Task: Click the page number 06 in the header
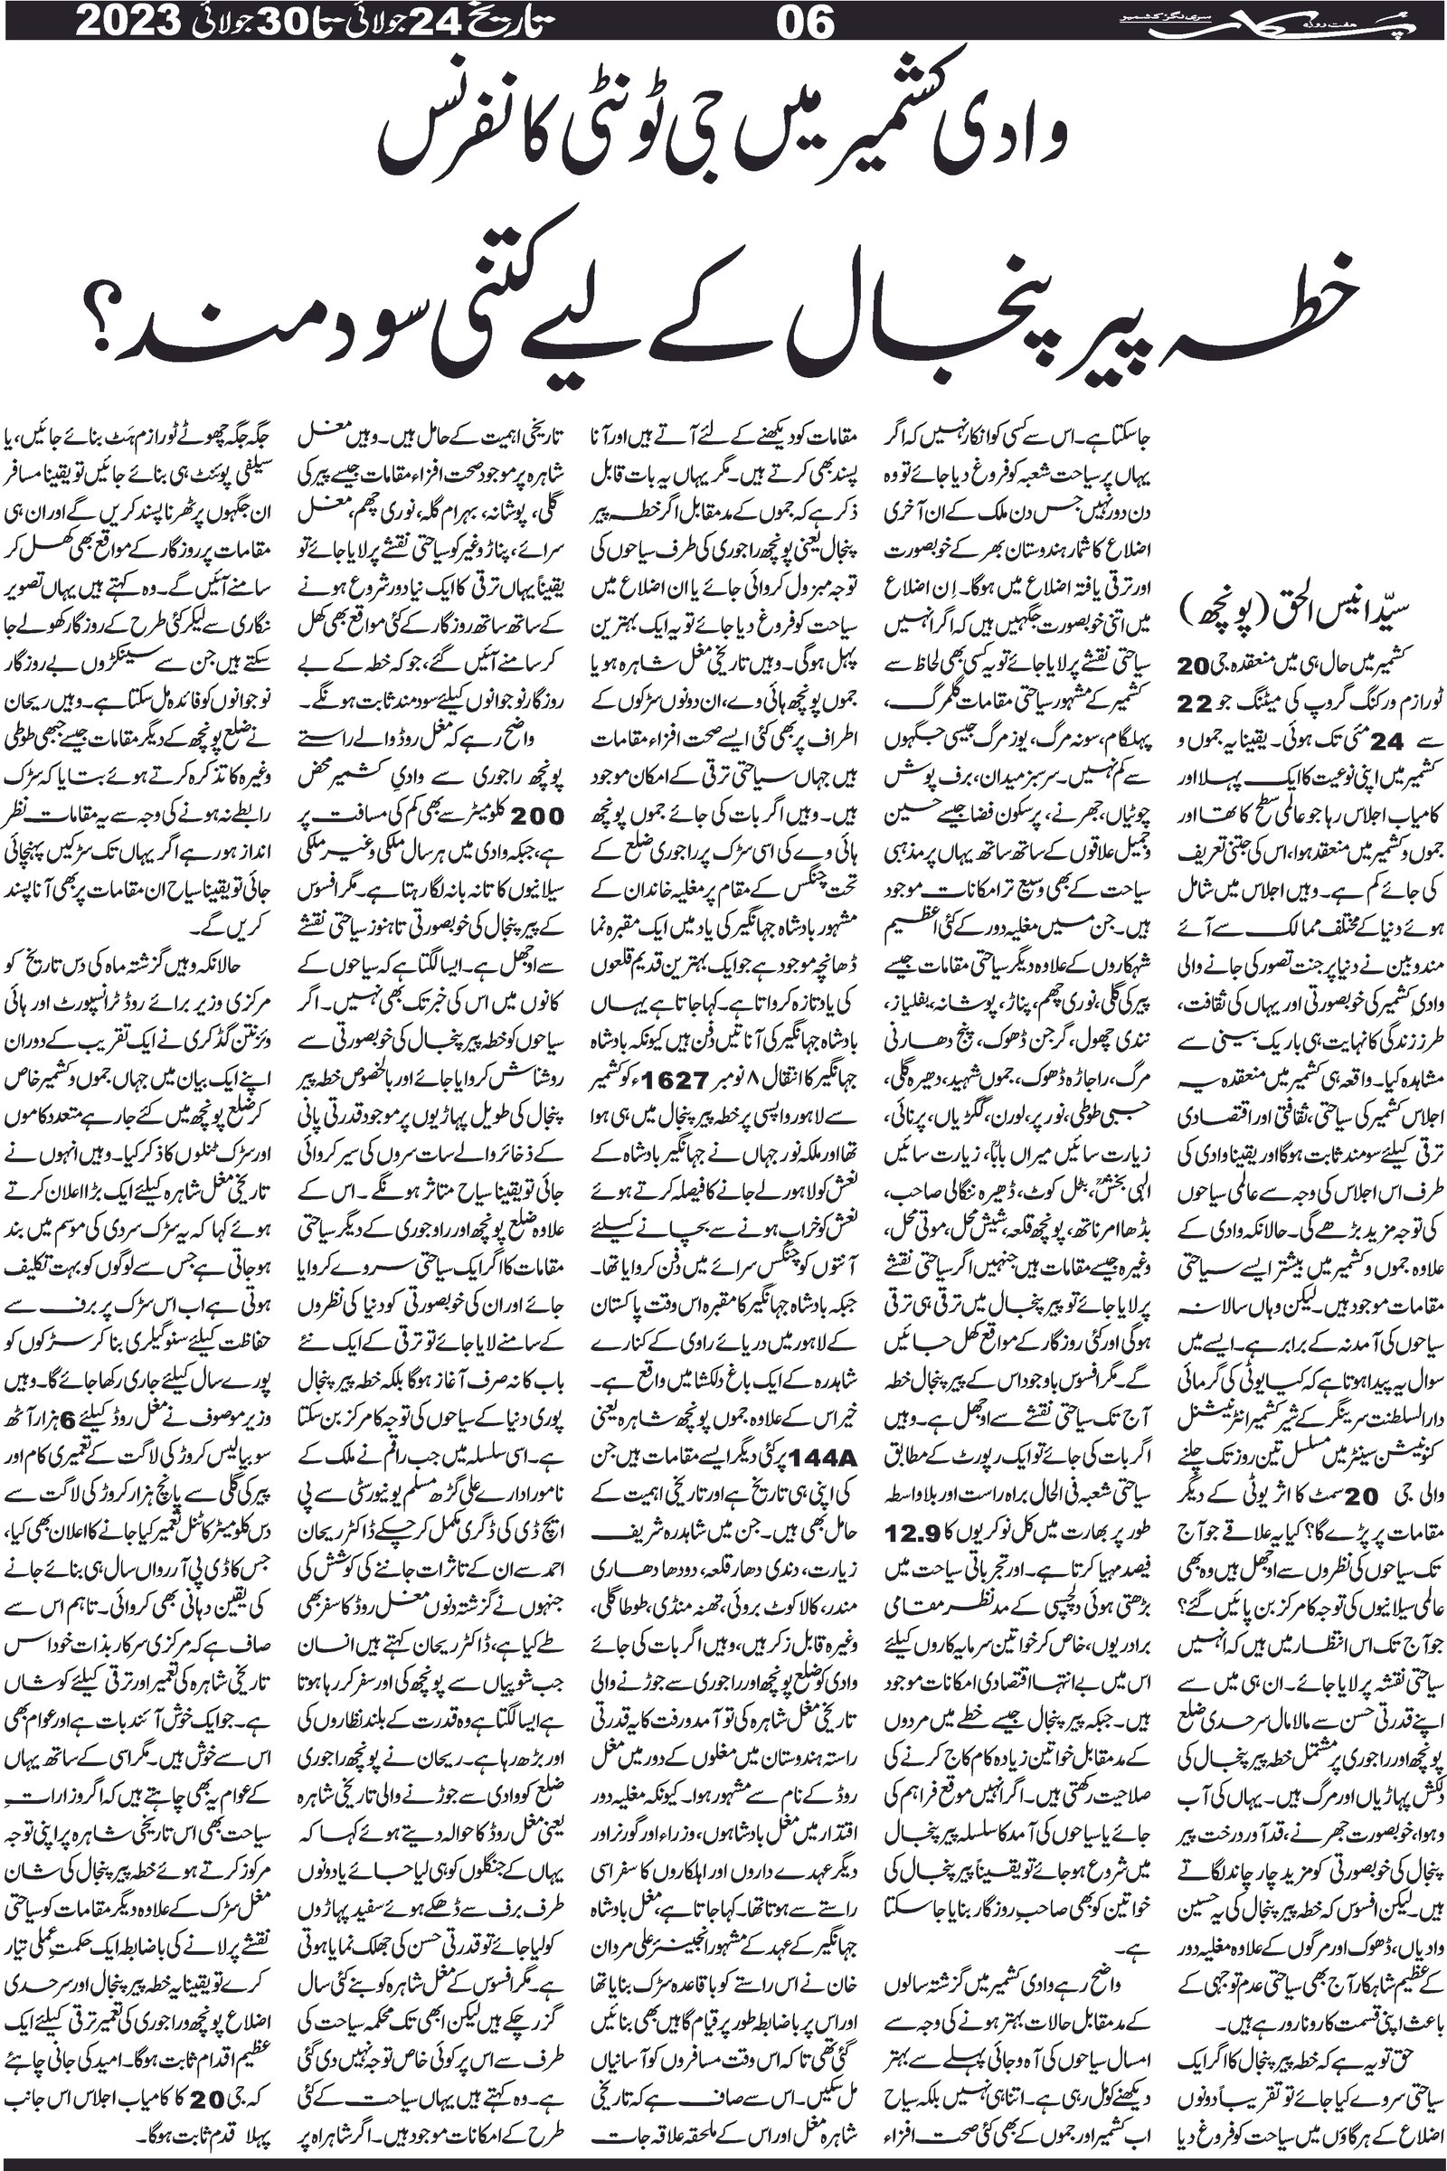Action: point(806,22)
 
